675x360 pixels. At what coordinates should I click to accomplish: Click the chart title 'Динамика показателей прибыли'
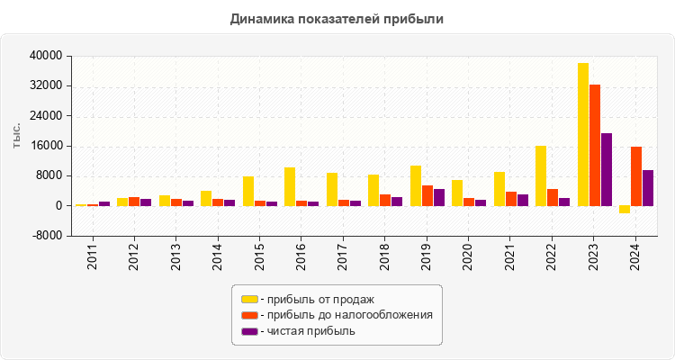point(337,18)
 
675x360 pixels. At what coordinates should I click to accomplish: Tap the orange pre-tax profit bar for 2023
point(595,145)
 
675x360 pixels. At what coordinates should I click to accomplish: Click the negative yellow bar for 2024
point(625,210)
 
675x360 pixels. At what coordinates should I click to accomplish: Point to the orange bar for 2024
point(636,176)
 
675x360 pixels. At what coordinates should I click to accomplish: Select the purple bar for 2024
point(648,188)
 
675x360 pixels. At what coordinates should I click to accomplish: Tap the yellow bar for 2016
point(290,186)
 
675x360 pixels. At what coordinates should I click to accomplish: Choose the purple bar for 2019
point(439,197)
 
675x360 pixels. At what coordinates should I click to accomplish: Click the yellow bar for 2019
point(416,185)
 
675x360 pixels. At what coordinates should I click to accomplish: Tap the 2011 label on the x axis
point(93,256)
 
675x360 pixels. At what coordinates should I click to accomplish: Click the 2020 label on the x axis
point(469,256)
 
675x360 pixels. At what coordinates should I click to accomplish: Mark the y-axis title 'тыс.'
point(17,137)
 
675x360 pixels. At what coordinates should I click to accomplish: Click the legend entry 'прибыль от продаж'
point(316,299)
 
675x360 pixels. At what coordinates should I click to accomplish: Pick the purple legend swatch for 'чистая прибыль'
point(249,331)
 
